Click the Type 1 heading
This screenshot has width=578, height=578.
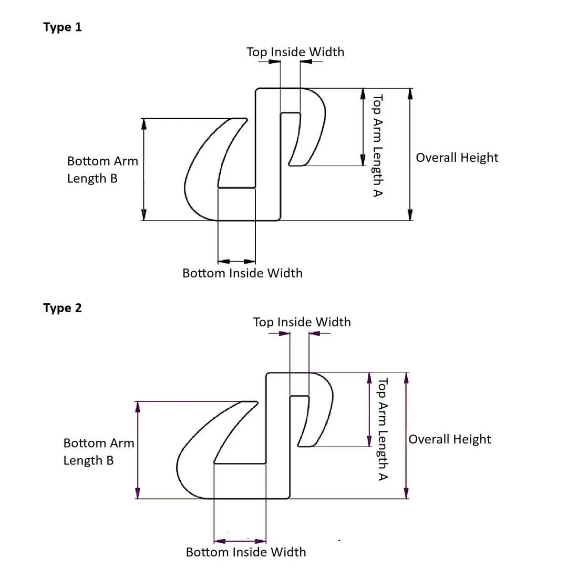click(63, 27)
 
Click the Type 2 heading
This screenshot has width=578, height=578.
click(63, 308)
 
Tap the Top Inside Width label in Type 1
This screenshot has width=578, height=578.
click(295, 52)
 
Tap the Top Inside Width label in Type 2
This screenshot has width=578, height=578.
click(302, 322)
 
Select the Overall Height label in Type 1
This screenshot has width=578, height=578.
click(457, 158)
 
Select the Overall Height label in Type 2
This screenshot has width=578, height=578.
click(449, 439)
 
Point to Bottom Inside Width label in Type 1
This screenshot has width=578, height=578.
click(242, 273)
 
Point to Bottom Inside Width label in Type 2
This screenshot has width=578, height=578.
click(246, 552)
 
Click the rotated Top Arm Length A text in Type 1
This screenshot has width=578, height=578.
click(377, 146)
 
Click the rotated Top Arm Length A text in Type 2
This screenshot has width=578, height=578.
click(383, 429)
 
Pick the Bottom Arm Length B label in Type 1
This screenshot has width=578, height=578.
click(102, 170)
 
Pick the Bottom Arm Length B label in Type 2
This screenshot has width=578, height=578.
click(99, 451)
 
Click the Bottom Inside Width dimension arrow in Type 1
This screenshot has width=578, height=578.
click(236, 261)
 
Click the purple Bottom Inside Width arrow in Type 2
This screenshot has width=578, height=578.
click(240, 541)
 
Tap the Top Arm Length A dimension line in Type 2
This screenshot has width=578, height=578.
click(369, 410)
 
